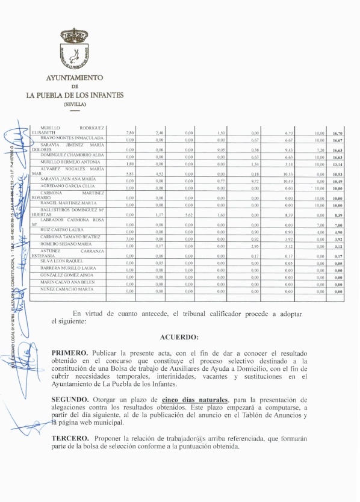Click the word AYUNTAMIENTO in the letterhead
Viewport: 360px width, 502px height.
pyautogui.click(x=75, y=78)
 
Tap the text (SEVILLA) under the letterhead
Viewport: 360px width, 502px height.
pyautogui.click(x=75, y=104)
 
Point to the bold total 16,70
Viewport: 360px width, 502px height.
pyautogui.click(x=337, y=132)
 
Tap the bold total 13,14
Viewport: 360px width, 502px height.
pyautogui.click(x=337, y=163)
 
